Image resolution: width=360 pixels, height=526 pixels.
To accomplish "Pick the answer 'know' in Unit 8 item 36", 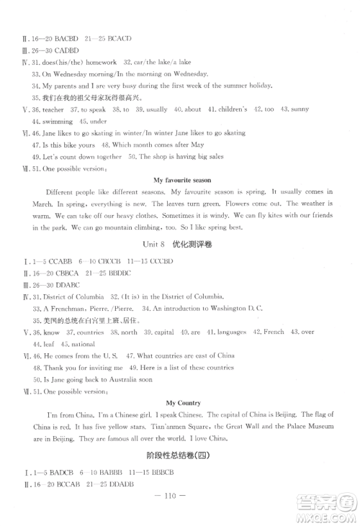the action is [x=52, y=332].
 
